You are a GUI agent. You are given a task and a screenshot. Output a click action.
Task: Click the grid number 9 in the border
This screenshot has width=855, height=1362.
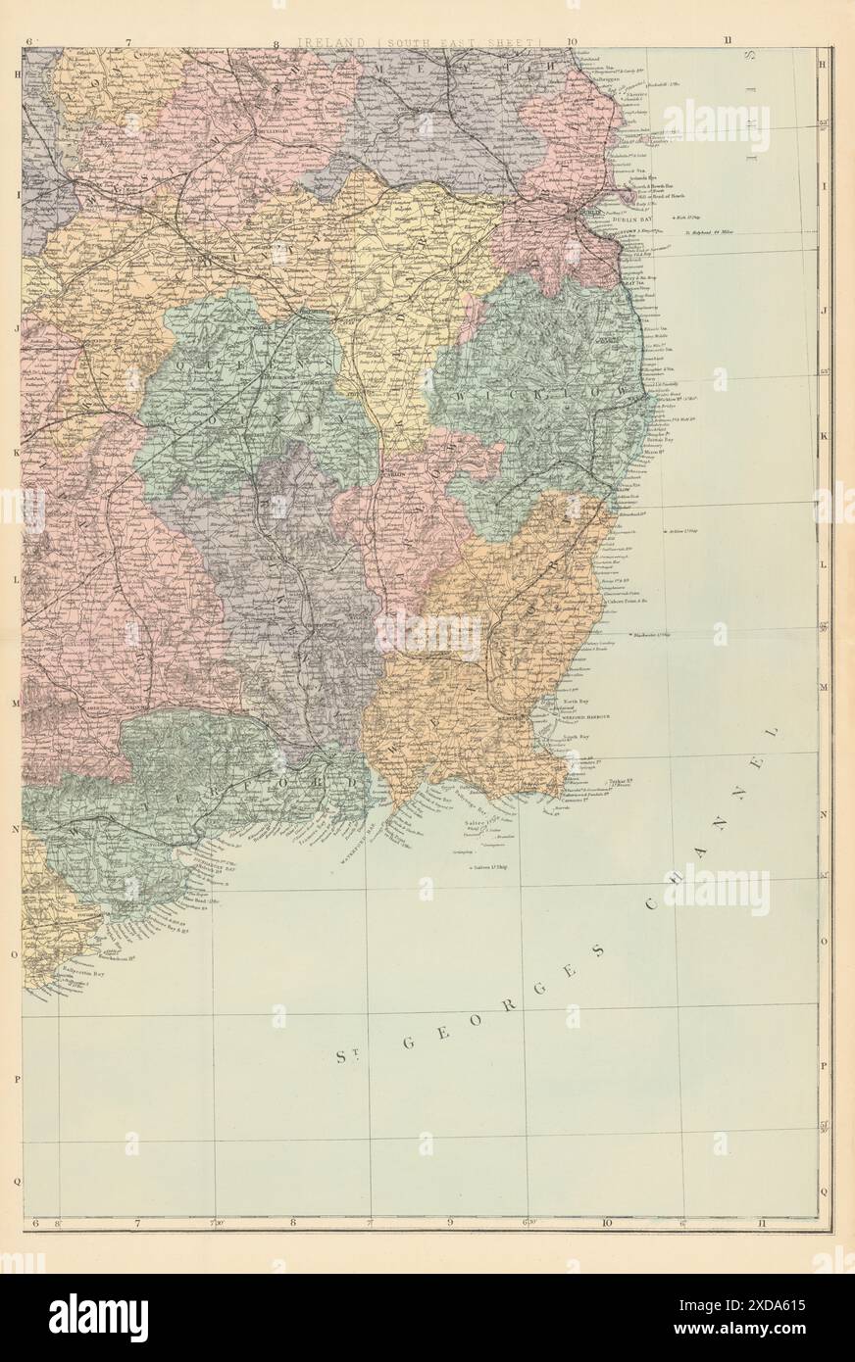point(450,1222)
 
